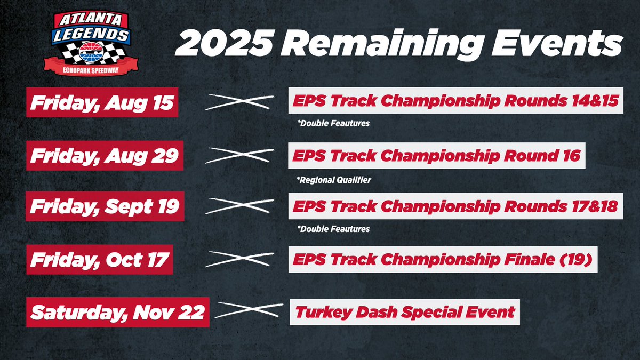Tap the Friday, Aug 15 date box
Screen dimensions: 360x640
102,103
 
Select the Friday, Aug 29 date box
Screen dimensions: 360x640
105,156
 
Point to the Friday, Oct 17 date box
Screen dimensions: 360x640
99,260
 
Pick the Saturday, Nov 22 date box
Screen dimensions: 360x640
117,312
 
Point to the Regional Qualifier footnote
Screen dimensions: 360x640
334,180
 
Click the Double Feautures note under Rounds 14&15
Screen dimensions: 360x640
334,124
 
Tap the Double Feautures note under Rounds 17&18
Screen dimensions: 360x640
334,229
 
